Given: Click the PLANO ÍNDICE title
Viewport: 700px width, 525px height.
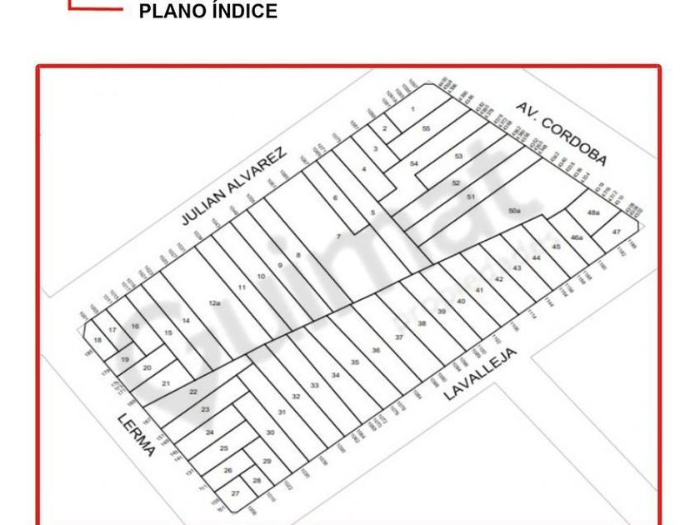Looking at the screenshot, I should (x=207, y=12).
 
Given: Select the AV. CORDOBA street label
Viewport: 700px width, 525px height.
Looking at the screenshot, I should (x=560, y=133).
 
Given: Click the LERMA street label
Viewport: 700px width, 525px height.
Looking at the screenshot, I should (x=137, y=434).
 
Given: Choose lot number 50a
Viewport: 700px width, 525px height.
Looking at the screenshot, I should (x=514, y=212).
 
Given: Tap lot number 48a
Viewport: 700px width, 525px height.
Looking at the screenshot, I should (x=593, y=213).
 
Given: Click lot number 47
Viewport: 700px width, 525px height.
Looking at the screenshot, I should (x=617, y=232).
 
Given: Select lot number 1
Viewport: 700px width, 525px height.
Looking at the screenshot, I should (x=412, y=109).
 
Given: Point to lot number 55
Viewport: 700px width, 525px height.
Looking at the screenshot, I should (x=426, y=128).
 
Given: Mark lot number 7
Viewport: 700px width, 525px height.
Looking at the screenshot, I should (x=338, y=237).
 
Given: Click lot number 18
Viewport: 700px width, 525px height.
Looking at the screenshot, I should (x=97, y=340).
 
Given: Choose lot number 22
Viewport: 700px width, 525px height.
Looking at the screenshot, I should (x=192, y=392).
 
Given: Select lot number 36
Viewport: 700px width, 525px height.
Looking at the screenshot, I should (x=376, y=350).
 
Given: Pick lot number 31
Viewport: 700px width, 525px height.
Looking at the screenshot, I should (x=282, y=412).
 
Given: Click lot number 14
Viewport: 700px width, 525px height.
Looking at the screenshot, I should (x=186, y=321).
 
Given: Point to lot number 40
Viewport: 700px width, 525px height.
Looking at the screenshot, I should (x=461, y=301).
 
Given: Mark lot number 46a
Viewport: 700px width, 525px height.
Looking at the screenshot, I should (x=576, y=238).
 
